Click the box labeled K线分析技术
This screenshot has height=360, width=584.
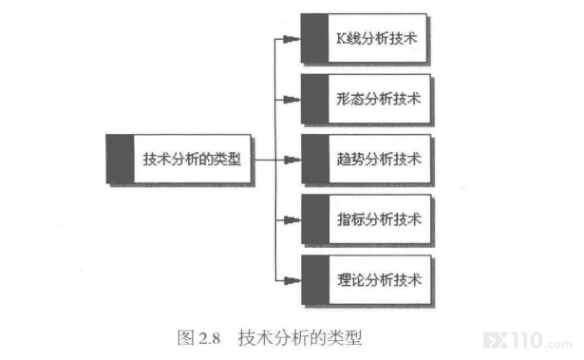tap(364, 38)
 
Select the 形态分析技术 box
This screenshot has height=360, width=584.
tap(366, 99)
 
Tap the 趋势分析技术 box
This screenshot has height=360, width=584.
tap(366, 160)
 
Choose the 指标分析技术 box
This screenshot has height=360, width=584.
tap(366, 219)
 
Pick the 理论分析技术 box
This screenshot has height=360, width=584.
tap(367, 280)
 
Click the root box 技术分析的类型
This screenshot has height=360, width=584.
tap(179, 159)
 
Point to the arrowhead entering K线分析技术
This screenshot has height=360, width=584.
tap(292, 39)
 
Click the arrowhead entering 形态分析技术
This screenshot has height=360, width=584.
tap(292, 100)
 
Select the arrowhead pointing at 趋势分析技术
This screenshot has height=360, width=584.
tap(292, 160)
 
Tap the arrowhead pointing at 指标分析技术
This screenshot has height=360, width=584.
tap(292, 220)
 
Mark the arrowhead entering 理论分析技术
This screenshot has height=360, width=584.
tap(292, 280)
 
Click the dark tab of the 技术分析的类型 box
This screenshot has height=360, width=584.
tap(120, 159)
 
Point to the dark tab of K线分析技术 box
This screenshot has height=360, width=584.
tap(314, 38)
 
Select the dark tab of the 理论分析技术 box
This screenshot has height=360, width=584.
tap(315, 280)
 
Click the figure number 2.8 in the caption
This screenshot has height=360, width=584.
tap(209, 338)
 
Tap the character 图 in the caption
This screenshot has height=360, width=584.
tap(186, 338)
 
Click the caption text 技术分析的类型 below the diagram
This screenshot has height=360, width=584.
tap(300, 338)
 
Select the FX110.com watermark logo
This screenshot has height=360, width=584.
tap(527, 340)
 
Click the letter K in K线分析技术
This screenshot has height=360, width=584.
tap(341, 38)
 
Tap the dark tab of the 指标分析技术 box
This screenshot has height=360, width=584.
tap(315, 219)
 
